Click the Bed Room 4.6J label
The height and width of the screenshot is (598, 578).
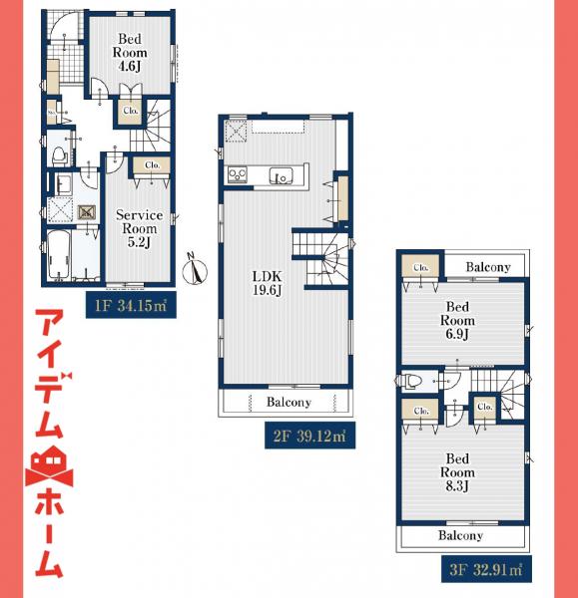tap(130, 52)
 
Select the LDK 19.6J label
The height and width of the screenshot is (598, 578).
tap(266, 281)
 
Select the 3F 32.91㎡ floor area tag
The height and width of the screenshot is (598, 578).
tap(483, 570)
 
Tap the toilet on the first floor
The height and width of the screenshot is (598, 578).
tap(60, 154)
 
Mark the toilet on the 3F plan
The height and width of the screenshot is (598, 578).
tap(412, 379)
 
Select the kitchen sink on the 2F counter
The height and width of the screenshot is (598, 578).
tap(282, 176)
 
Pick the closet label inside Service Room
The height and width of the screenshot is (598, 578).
tap(152, 164)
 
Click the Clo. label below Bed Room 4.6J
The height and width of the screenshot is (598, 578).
tap(131, 112)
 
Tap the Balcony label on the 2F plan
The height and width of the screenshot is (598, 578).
tap(289, 403)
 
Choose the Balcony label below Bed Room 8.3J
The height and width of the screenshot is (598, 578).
tap(460, 535)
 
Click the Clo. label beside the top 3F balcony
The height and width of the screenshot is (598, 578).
tap(420, 266)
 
